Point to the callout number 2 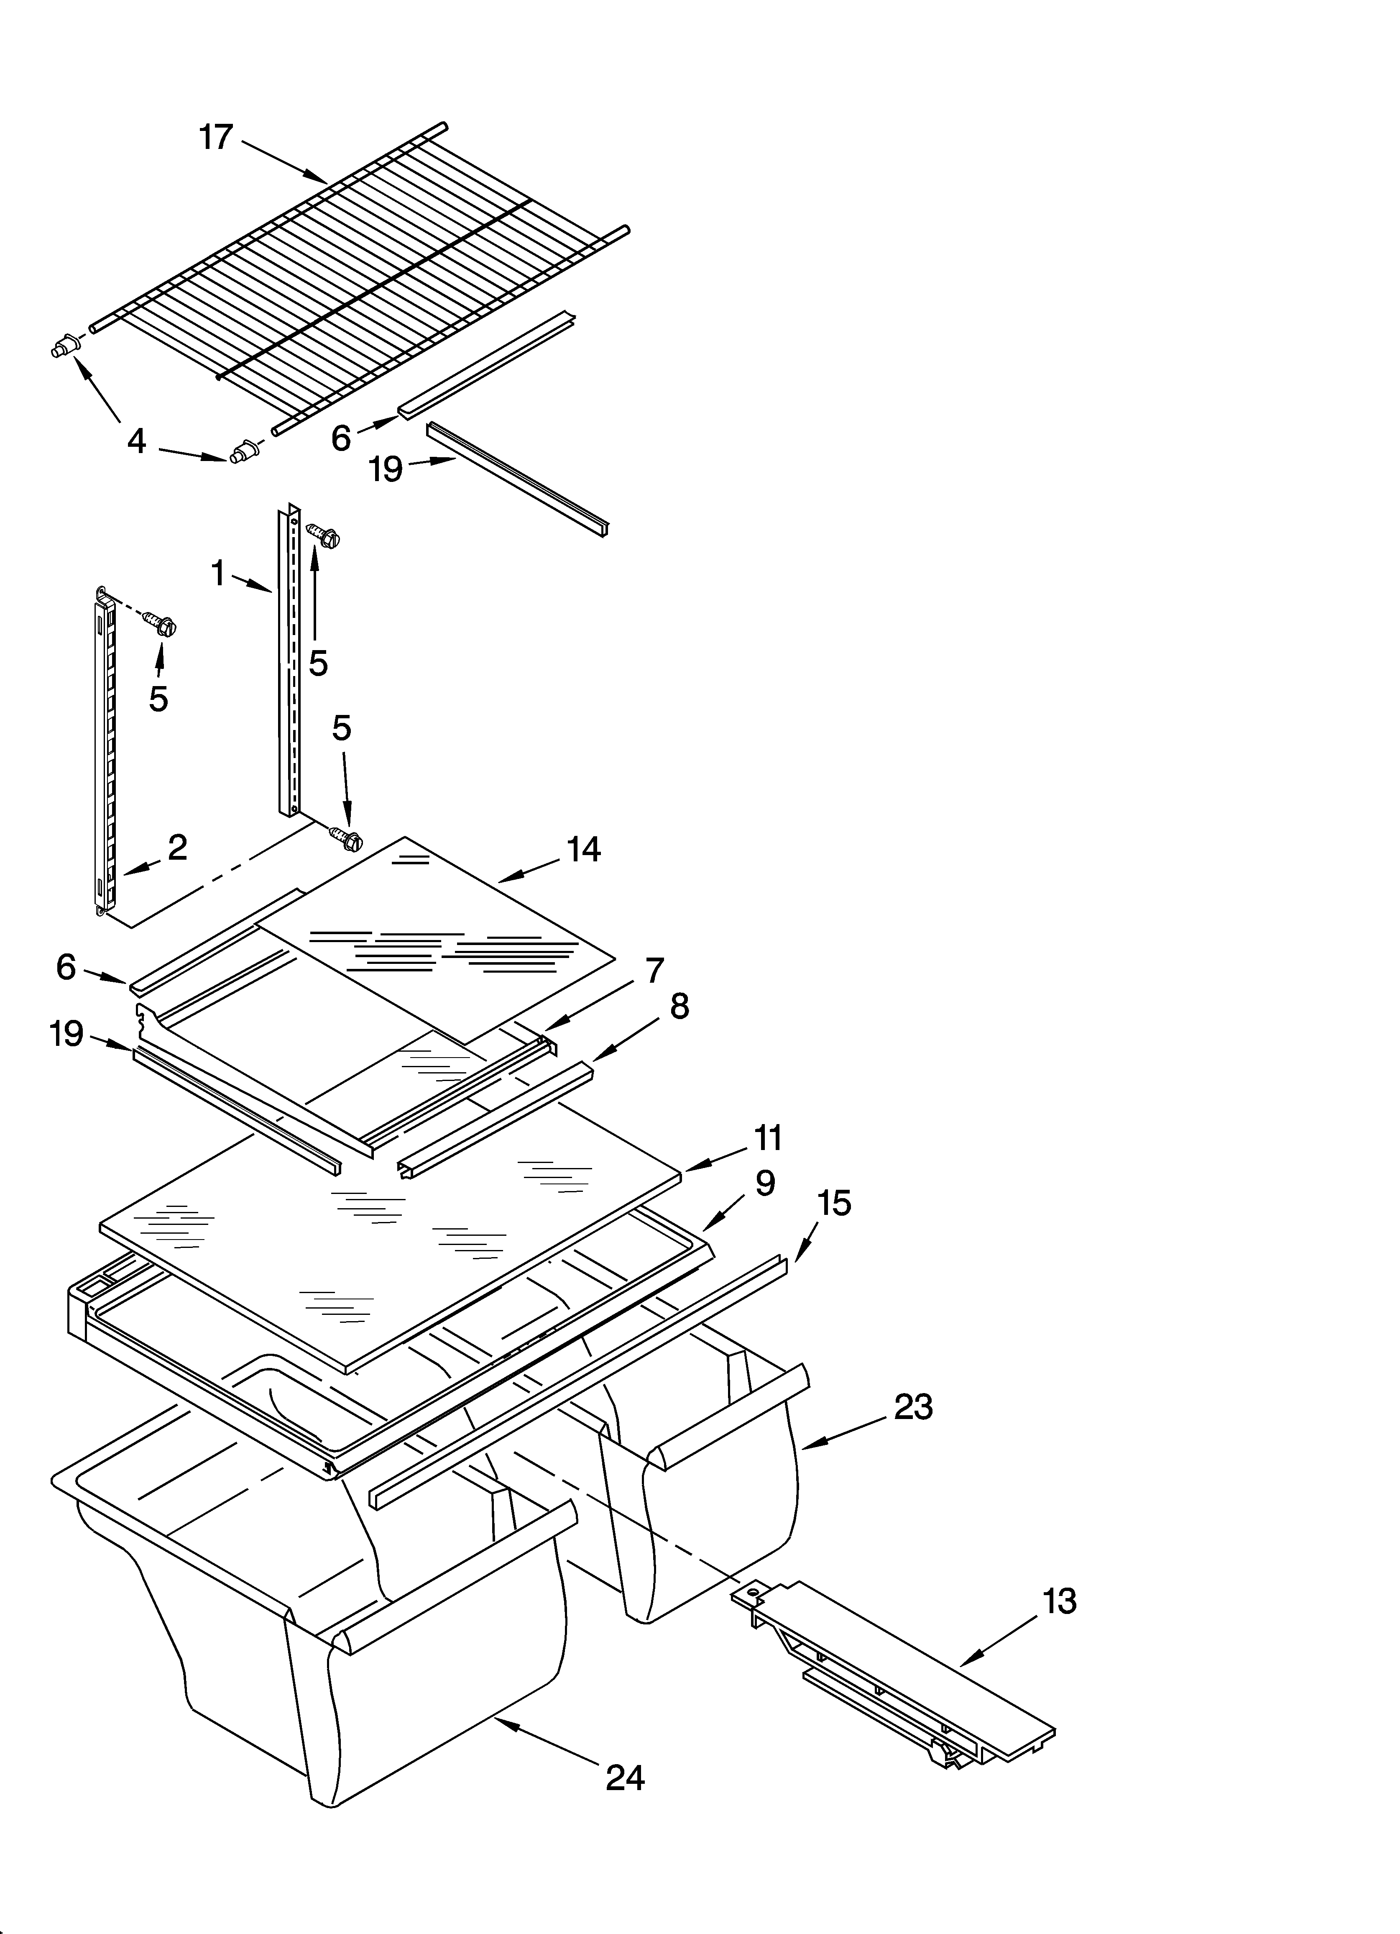(177, 847)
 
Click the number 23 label (913, 1407)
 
